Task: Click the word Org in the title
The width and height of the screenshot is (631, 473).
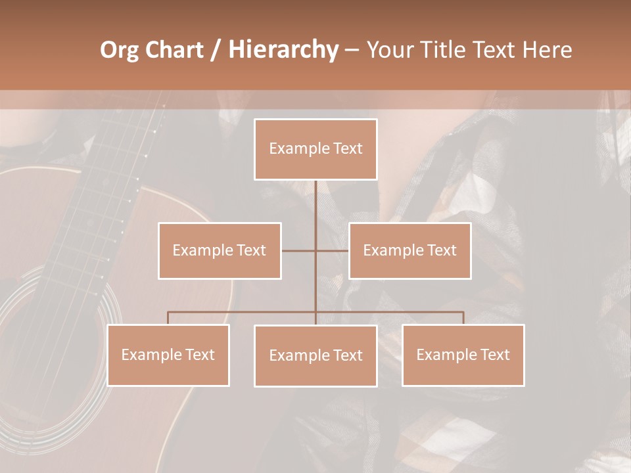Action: click(x=119, y=50)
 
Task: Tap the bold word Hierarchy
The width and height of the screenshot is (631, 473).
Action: click(x=283, y=50)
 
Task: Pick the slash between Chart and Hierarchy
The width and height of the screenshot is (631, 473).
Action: click(x=215, y=50)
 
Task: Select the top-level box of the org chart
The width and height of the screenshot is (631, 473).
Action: click(x=315, y=149)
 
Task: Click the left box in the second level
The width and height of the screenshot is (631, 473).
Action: click(x=220, y=250)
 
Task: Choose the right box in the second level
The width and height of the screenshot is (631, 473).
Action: click(x=409, y=250)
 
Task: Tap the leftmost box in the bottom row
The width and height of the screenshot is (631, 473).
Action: click(x=168, y=355)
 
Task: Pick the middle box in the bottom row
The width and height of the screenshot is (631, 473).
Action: click(x=315, y=355)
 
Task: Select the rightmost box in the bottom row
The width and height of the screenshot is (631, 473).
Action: click(x=463, y=355)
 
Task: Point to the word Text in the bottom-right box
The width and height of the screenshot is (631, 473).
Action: click(x=494, y=355)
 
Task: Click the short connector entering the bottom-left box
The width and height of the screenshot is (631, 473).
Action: click(x=168, y=318)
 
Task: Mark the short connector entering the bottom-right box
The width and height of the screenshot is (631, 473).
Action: click(x=463, y=318)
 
